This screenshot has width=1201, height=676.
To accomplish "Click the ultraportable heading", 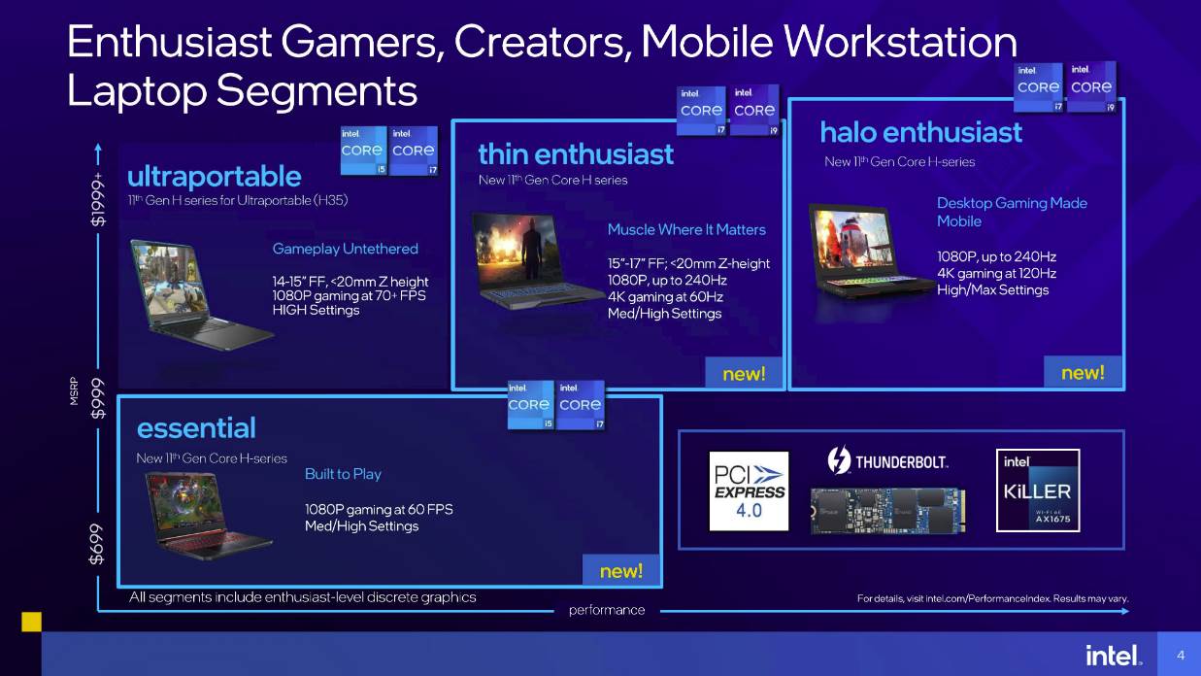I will point(214,177).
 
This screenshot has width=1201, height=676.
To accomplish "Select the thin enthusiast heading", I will point(575,154).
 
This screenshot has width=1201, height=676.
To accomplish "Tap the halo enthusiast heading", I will point(920,132).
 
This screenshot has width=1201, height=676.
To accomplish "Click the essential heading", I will point(196,428).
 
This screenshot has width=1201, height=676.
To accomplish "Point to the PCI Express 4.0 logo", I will point(748,490).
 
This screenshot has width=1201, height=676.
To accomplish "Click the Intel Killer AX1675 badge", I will point(1037,490).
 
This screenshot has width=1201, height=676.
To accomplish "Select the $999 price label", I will point(98,399).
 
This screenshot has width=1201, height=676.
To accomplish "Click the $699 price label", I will point(98,546).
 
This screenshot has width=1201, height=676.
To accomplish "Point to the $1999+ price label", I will point(98,200).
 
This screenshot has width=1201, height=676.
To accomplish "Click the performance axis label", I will point(606,610).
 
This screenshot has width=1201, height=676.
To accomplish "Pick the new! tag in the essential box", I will point(621,571).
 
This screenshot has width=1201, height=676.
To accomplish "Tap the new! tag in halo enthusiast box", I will point(1083,373).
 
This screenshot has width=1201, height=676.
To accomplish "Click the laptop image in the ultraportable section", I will point(202,292).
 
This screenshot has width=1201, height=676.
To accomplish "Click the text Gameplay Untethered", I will point(345,249).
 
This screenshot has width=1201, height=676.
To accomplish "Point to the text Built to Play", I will point(343,474).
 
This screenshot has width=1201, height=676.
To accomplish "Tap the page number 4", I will point(1180,656).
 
